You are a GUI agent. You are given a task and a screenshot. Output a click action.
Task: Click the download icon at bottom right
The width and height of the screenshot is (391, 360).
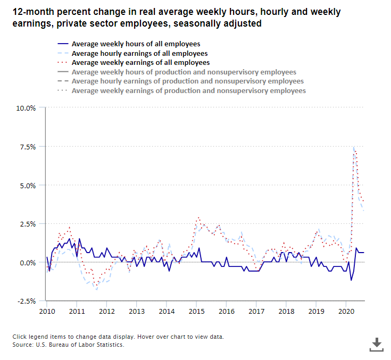pos(377,344)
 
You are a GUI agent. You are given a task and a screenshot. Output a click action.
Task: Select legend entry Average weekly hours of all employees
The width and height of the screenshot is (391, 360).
pos(136,44)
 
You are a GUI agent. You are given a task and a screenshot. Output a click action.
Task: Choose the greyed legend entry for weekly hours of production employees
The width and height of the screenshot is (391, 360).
pos(184,72)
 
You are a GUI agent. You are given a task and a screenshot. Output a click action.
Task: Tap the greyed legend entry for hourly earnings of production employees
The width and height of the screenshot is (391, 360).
pos(187,81)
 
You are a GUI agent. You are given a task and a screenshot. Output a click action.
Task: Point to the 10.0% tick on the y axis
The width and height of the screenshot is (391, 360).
pos(26,108)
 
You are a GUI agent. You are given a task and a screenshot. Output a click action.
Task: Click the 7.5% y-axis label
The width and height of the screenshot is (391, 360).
pos(28,147)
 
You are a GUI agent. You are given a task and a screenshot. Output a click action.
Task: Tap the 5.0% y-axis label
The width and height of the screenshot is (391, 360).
pos(28,186)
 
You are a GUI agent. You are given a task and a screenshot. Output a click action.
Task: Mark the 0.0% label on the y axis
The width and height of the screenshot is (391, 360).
pos(28,263)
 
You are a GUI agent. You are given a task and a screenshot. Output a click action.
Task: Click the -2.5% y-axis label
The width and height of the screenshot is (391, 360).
pos(27,302)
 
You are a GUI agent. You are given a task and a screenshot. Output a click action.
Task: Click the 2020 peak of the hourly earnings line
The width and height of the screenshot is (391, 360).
pos(354,147)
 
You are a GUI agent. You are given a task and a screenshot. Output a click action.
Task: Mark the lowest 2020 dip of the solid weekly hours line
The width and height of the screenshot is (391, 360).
pos(351,280)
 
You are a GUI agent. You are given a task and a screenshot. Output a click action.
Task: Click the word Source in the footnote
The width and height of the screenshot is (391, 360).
pos(24,345)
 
